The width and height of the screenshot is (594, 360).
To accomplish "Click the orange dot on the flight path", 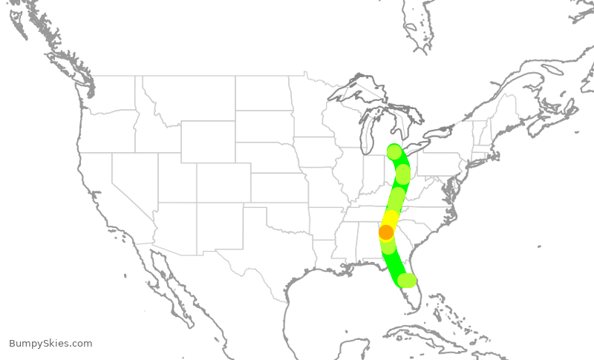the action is [386, 232].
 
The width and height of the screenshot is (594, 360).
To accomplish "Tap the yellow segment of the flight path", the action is [391, 220].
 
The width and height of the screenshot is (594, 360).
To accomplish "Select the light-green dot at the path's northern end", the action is [394, 151].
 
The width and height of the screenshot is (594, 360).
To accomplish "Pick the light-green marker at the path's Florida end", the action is [407, 280].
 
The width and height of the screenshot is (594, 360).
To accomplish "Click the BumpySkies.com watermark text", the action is [50, 344].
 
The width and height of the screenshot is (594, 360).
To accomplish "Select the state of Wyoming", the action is [207, 141].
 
